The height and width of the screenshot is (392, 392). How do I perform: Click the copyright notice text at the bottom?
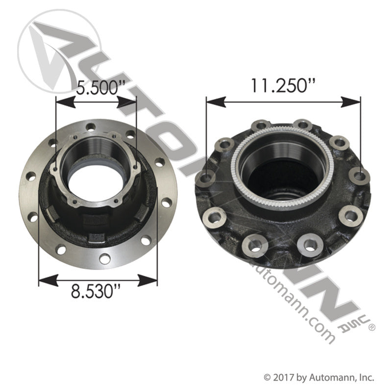click(x=319, y=378)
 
